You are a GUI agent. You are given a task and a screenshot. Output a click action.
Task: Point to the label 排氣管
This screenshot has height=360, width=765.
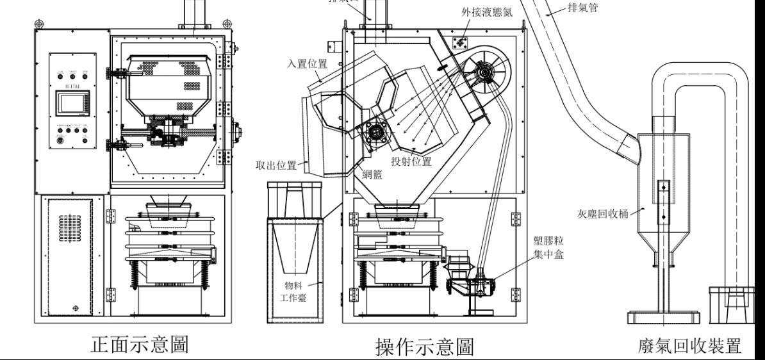point(582,10)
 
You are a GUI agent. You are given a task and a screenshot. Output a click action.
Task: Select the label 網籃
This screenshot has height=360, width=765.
point(371,174)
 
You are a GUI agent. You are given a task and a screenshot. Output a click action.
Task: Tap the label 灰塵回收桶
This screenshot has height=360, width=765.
point(600,212)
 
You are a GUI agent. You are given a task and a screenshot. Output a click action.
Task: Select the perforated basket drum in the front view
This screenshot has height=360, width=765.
point(166,76)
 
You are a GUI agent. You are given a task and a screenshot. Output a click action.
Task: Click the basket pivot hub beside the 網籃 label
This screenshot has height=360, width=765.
point(374,134)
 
